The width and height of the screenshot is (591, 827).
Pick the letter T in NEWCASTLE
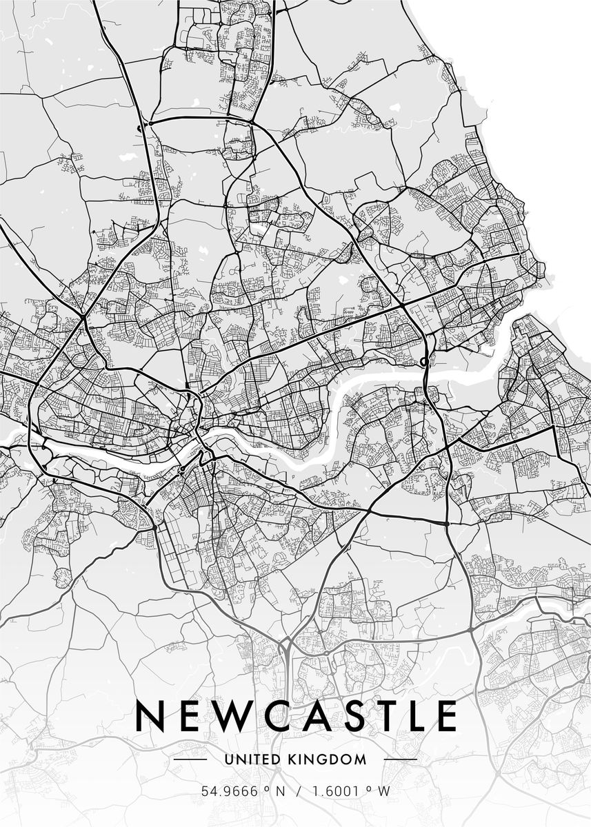tap(383, 716)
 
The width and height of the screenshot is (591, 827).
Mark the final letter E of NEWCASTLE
tap(447, 716)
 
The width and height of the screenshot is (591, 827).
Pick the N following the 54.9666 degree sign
tap(279, 791)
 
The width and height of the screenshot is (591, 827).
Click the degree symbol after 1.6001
tap(369, 788)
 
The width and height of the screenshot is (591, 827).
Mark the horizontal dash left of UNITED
tap(190, 759)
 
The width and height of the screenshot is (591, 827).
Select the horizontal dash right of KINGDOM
tap(400, 759)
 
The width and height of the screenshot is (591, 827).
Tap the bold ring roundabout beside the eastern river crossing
tap(423, 361)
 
